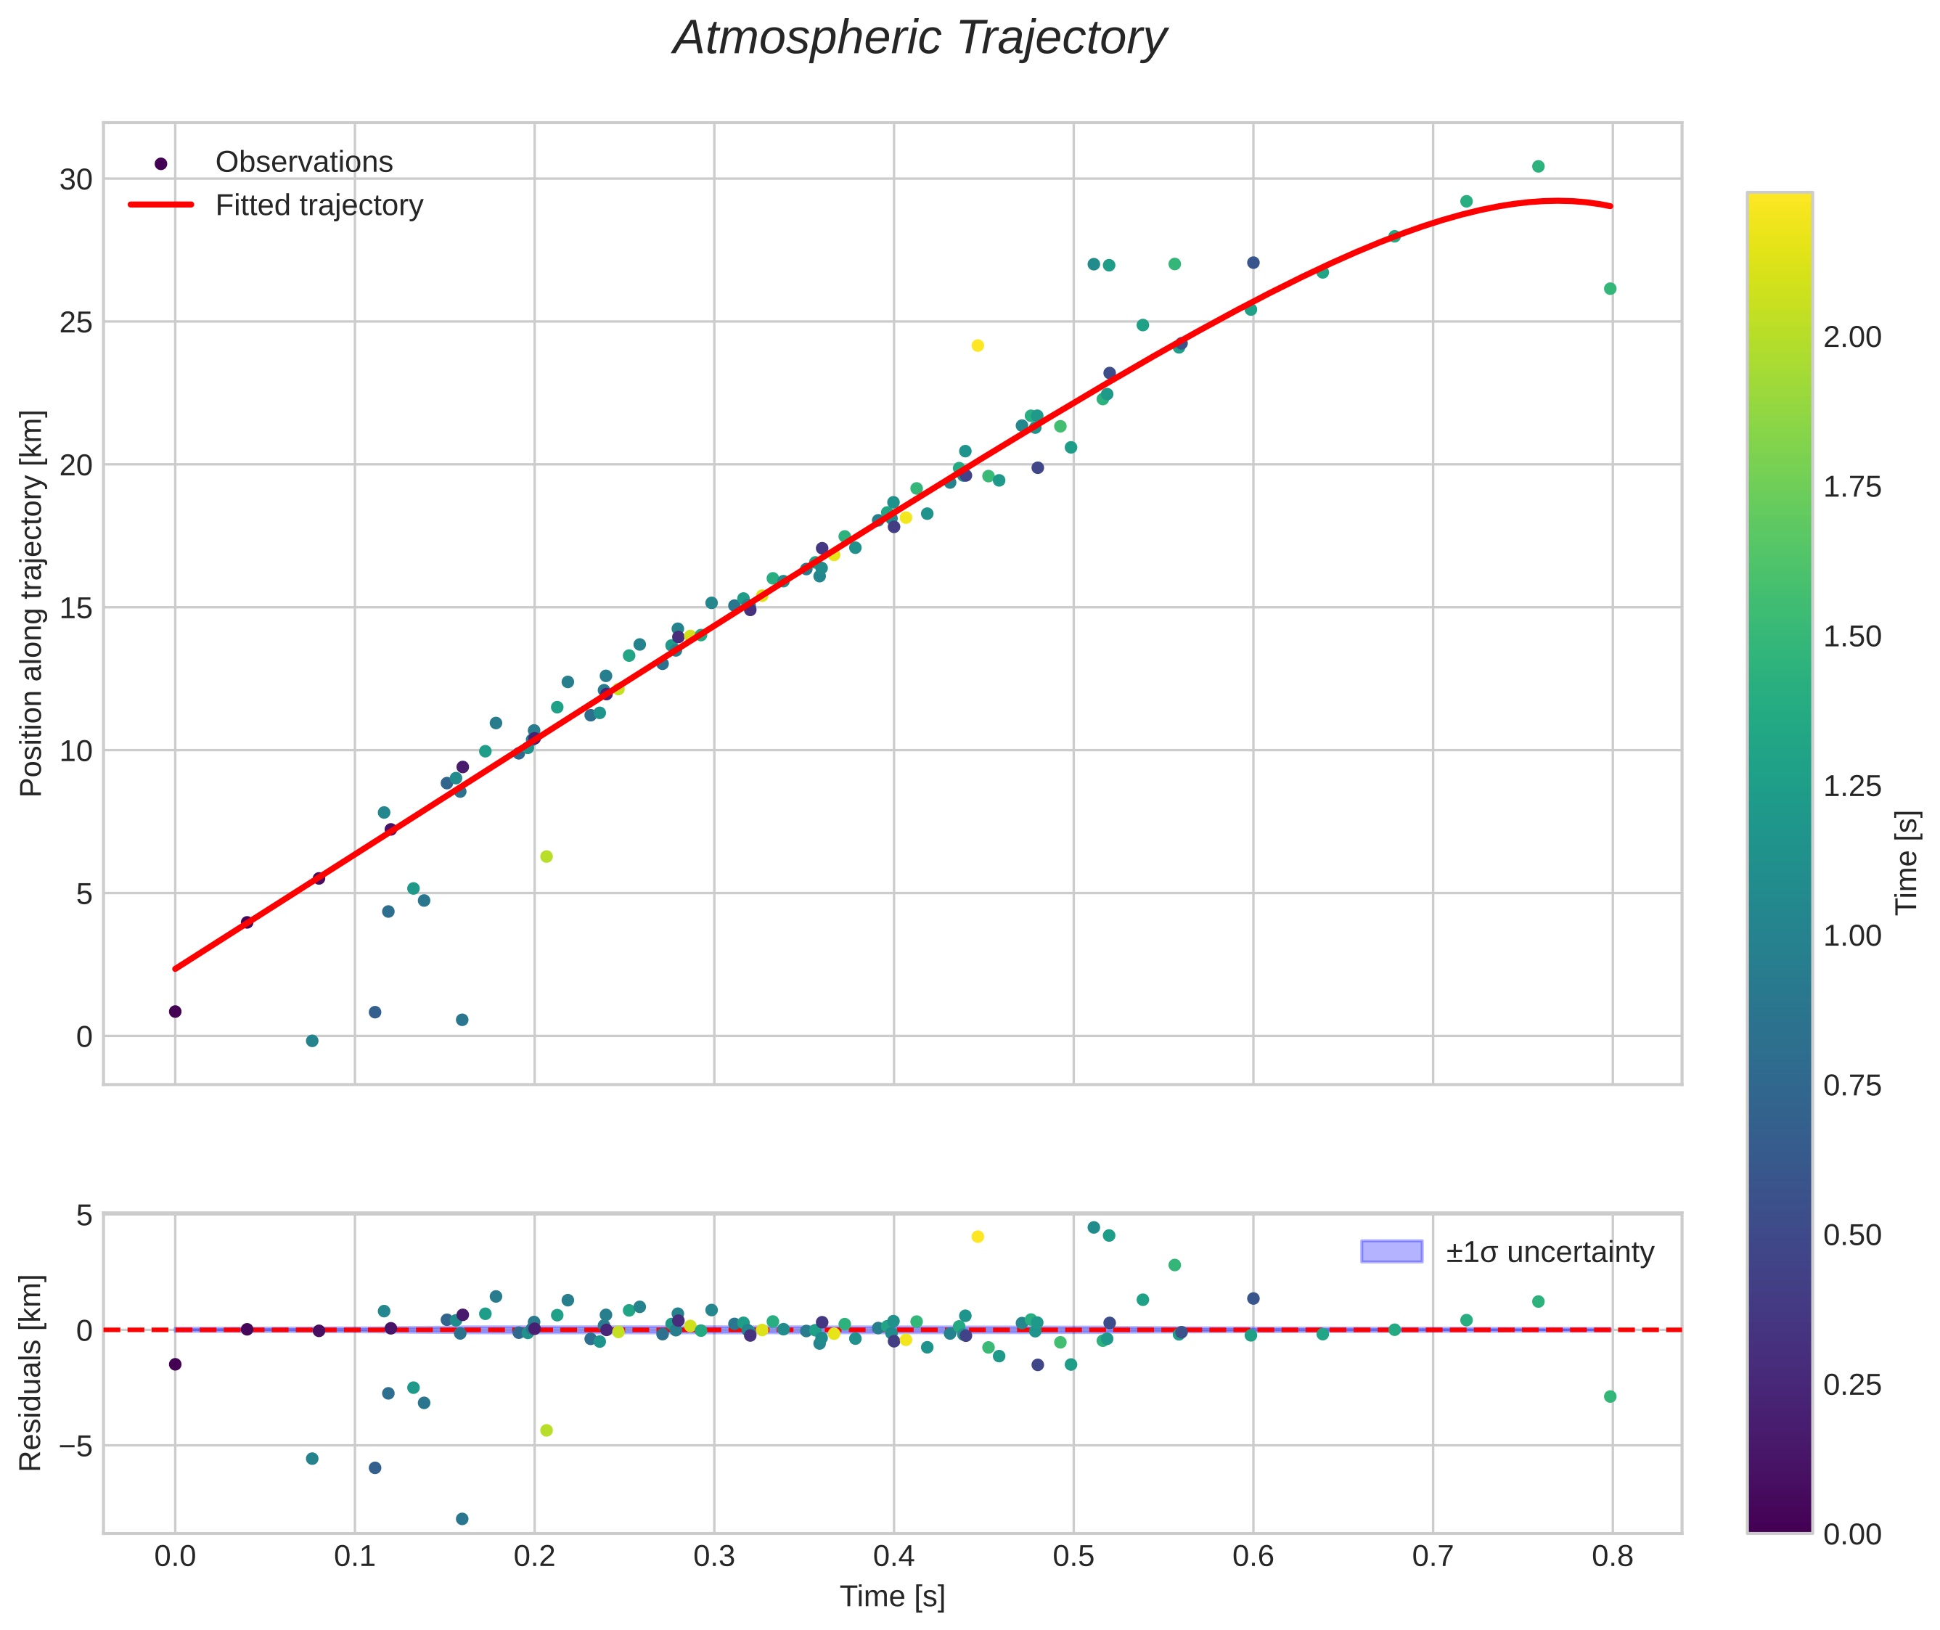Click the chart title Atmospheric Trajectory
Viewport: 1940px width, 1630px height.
click(920, 38)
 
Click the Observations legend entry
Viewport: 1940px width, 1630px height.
click(275, 163)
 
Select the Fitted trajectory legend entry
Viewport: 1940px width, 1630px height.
click(275, 205)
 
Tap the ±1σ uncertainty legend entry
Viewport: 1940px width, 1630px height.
click(1507, 1252)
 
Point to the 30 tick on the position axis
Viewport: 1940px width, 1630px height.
click(77, 179)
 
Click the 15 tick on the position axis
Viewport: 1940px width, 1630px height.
click(77, 608)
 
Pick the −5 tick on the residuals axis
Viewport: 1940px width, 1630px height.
click(70, 1445)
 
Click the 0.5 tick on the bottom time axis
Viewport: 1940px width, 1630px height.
click(1073, 1557)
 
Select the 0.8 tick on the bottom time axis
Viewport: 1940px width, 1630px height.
click(1613, 1557)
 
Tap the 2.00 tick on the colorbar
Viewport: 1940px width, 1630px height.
click(1852, 337)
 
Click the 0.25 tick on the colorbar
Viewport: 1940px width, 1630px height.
click(1852, 1385)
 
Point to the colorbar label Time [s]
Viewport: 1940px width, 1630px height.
click(1907, 862)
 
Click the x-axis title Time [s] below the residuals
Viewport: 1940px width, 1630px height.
click(893, 1597)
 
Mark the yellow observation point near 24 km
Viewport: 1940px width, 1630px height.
click(978, 345)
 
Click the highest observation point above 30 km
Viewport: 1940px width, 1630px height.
click(1538, 166)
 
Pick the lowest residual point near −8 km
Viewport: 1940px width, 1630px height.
click(462, 1518)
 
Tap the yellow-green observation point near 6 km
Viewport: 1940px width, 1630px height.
click(547, 856)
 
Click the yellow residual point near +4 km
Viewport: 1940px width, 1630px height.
click(978, 1237)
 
